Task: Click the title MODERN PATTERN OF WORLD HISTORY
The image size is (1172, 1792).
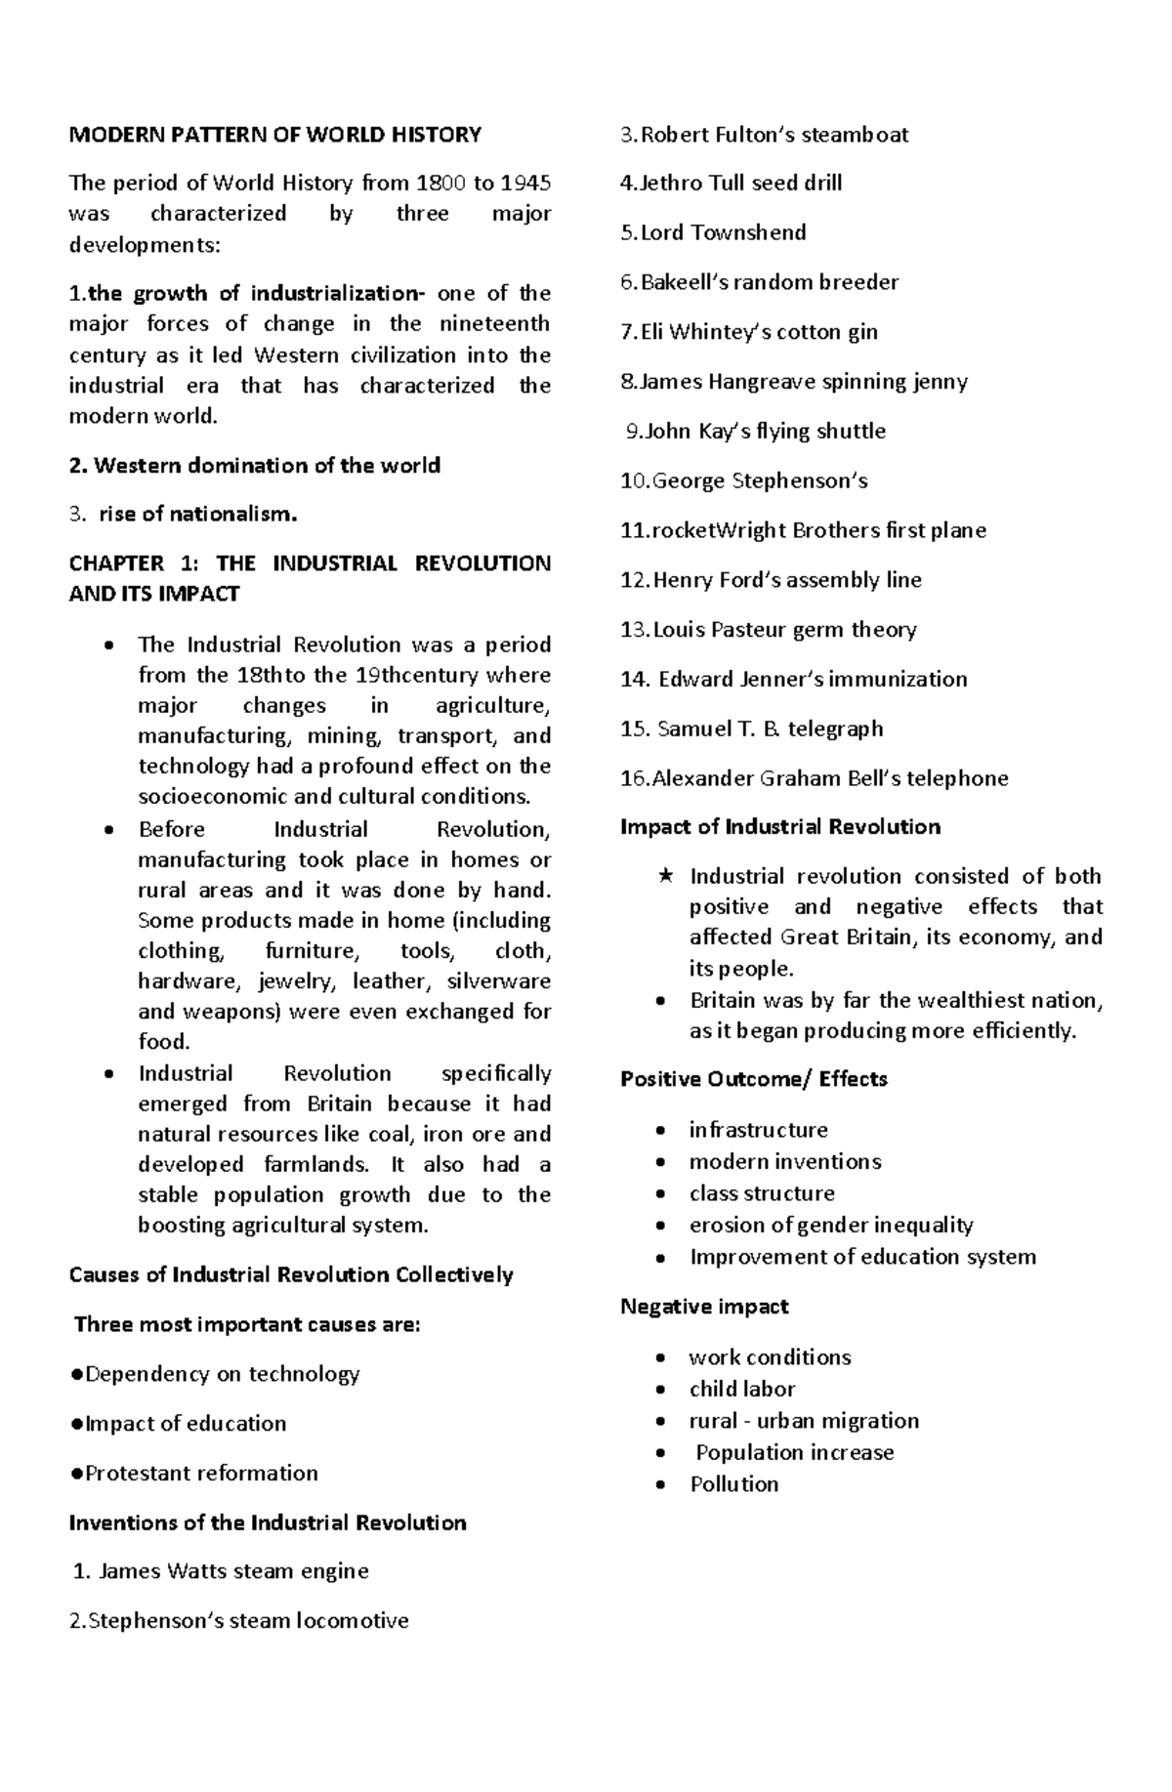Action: click(274, 135)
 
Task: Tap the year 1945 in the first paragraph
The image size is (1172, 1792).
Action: click(524, 183)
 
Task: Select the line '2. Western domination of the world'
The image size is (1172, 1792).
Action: click(254, 465)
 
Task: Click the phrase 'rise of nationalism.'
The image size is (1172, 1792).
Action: click(197, 514)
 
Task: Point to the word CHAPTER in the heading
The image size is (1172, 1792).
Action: click(116, 563)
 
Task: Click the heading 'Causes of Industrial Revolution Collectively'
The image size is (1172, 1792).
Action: click(291, 1274)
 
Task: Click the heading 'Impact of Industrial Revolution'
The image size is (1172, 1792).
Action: click(780, 827)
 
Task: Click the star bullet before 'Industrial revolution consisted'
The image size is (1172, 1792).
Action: click(665, 876)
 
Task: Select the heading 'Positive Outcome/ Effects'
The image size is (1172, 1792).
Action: click(753, 1079)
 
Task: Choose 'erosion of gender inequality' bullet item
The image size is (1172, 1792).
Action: click(830, 1225)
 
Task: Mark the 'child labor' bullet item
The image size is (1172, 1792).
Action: click(741, 1389)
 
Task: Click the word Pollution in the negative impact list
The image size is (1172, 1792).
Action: click(733, 1483)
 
